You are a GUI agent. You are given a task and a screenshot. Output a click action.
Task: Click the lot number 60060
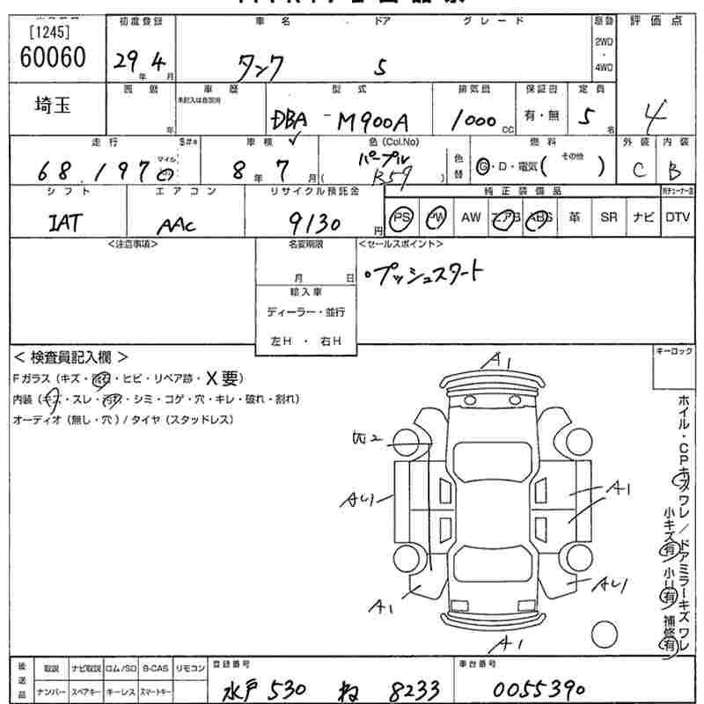tap(52, 58)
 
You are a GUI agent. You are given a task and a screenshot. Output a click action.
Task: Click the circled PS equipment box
tap(402, 217)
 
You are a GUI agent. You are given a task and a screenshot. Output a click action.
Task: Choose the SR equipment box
tap(609, 217)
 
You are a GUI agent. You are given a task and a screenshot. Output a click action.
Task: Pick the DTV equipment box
tap(678, 217)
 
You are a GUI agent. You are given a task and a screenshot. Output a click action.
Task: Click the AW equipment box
tap(471, 217)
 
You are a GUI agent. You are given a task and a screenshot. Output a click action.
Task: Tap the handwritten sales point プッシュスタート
tap(427, 274)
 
